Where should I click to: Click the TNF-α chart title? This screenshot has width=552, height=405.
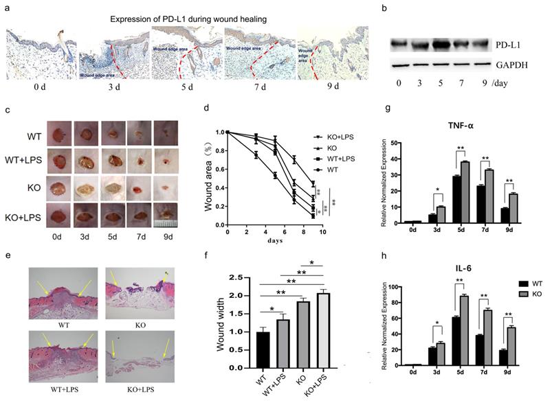(463, 128)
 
